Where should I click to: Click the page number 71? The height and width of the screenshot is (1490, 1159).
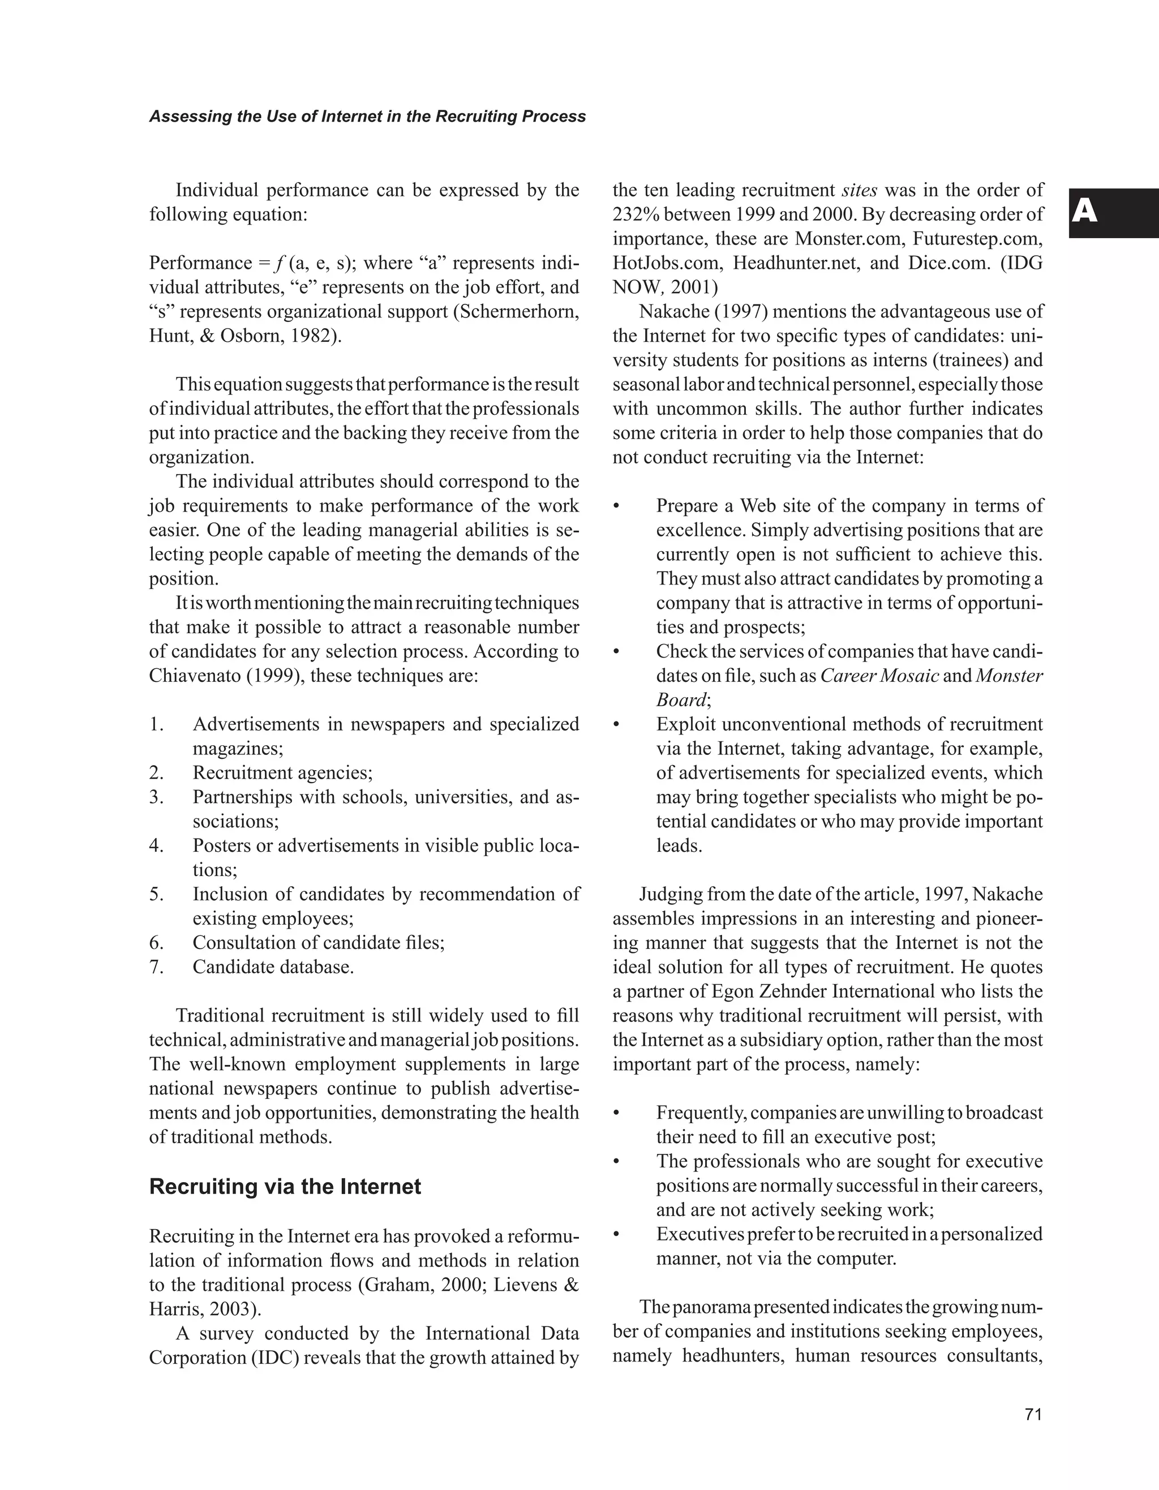[x=1033, y=1414]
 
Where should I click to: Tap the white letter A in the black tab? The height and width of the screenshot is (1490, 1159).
[x=1085, y=212]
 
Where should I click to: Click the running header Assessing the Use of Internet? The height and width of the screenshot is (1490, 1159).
[x=367, y=117]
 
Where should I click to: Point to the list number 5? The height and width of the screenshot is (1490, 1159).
[x=156, y=894]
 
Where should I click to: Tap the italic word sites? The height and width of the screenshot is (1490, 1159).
[x=859, y=190]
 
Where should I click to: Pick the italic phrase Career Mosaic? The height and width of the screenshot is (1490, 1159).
[x=879, y=676]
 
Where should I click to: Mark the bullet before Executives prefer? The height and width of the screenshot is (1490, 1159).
[x=617, y=1234]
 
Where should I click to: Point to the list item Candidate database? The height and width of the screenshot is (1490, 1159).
[x=273, y=967]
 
